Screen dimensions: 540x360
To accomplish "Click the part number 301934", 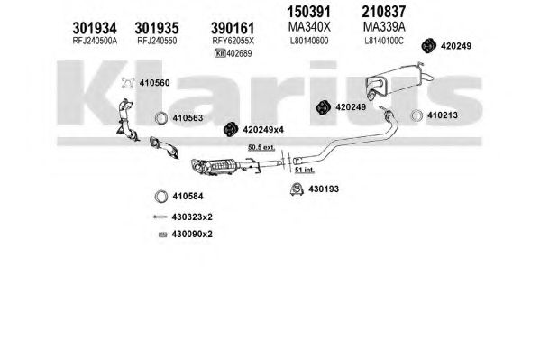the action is coord(95,28).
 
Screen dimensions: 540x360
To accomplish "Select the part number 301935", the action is coord(157,28).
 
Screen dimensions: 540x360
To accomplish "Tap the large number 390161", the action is coord(233,28).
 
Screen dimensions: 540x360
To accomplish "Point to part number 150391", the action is coord(309,12).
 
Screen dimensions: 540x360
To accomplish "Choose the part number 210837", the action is coord(384,12).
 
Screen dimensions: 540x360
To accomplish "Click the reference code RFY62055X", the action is coord(233,41).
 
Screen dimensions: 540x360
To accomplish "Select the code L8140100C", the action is coord(384,41).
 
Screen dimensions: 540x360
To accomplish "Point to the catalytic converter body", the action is coord(220,167).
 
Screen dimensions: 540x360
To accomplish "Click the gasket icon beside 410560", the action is coord(128,83).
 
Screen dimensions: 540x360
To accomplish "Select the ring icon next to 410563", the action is coord(160,118).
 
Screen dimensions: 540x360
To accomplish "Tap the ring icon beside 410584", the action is coord(160,197).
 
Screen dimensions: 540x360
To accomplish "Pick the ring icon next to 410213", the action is coord(416,115).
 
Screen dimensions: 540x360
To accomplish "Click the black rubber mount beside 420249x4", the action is coord(231,129).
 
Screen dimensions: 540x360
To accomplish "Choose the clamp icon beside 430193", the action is coord(297,189).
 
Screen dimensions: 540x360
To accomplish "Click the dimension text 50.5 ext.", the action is coord(261,148).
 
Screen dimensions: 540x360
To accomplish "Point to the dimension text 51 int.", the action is coord(305,170).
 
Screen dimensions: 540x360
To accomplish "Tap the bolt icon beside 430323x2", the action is coord(160,217).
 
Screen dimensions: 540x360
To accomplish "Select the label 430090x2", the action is coord(192,235).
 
